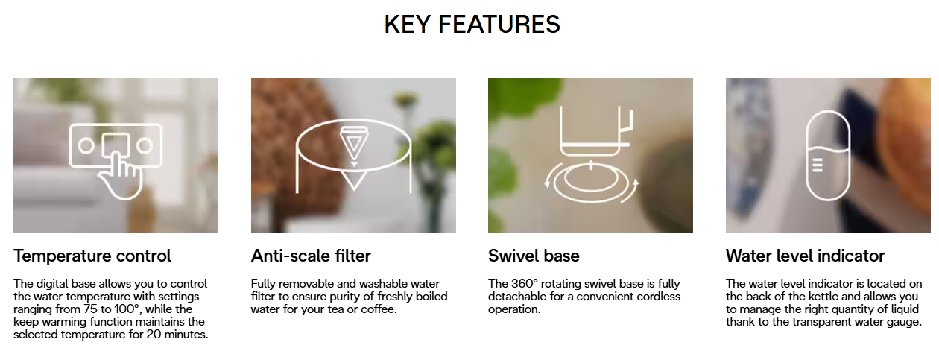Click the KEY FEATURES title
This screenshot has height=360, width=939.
tap(472, 24)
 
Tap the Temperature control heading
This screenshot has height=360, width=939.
tap(92, 256)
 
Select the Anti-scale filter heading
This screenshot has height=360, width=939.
tap(311, 256)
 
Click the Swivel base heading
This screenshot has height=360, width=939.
tap(534, 256)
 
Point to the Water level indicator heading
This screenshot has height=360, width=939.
tap(805, 256)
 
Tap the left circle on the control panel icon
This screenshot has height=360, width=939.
tap(86, 146)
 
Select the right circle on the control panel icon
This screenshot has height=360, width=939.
tap(145, 146)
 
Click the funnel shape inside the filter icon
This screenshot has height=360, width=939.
tap(354, 143)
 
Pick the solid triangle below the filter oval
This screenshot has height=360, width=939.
tap(354, 180)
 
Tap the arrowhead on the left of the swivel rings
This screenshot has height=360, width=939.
tap(547, 183)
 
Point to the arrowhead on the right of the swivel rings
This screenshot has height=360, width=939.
tap(636, 183)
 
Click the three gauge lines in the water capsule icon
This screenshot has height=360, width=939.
tap(817, 165)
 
